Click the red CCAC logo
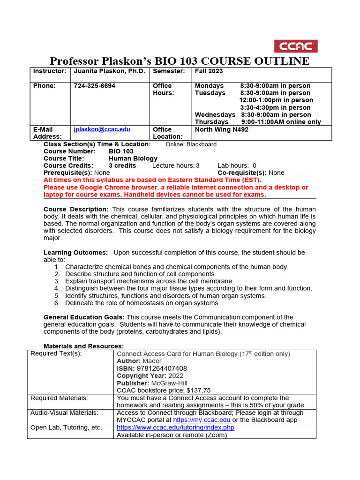click(295, 46)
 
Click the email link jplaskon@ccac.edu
click(102, 129)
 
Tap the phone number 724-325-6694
click(94, 86)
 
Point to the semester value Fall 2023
click(209, 71)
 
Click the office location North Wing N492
click(221, 129)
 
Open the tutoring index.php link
click(175, 427)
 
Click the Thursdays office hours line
click(258, 122)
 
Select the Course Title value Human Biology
click(133, 158)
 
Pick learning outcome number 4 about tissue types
click(188, 288)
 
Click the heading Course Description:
click(76, 209)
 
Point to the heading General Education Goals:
click(84, 317)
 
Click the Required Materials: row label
click(59, 398)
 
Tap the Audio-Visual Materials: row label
click(64, 412)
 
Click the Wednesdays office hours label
click(215, 115)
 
